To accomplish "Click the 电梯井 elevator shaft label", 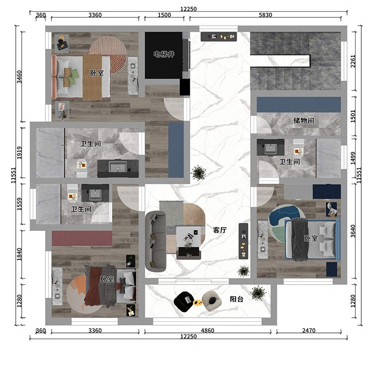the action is pyautogui.click(x=164, y=54).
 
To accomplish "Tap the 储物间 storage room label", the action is pyautogui.click(x=303, y=120).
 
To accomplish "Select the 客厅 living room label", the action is pyautogui.click(x=220, y=230).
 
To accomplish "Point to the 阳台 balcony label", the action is pyautogui.click(x=236, y=299).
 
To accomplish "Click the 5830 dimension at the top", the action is pyautogui.click(x=265, y=15).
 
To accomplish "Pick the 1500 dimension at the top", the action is pyautogui.click(x=164, y=15).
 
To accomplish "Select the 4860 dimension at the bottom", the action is pyautogui.click(x=208, y=330).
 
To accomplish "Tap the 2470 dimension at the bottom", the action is pyautogui.click(x=309, y=330).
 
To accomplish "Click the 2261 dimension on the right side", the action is pyautogui.click(x=353, y=61).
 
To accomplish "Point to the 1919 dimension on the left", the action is pyautogui.click(x=19, y=153).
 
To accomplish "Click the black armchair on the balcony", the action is pyautogui.click(x=184, y=301).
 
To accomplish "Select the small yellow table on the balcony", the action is pyautogui.click(x=198, y=302).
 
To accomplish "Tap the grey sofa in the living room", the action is pyautogui.click(x=156, y=241).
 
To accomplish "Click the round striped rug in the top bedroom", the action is pyautogui.click(x=108, y=55).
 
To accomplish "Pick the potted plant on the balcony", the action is pyautogui.click(x=258, y=293).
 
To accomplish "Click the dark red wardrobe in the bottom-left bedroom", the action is pyautogui.click(x=82, y=239).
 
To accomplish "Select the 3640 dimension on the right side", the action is pyautogui.click(x=353, y=231).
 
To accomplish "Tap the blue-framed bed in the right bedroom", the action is pyautogui.click(x=313, y=240).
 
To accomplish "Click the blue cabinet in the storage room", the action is pyautogui.click(x=299, y=105).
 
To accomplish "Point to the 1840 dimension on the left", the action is pyautogui.click(x=19, y=254).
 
